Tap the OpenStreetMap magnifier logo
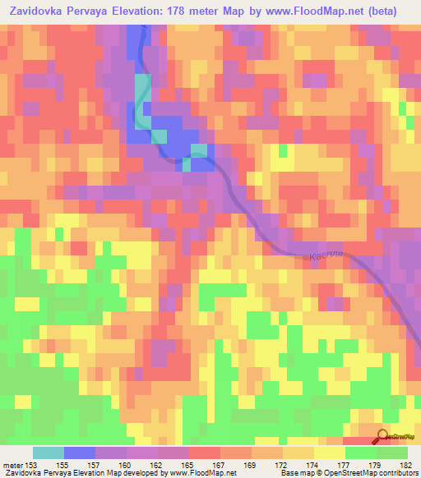(x=382, y=437)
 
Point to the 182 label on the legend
(x=405, y=464)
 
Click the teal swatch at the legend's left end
(x=49, y=453)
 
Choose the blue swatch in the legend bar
(x=80, y=453)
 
